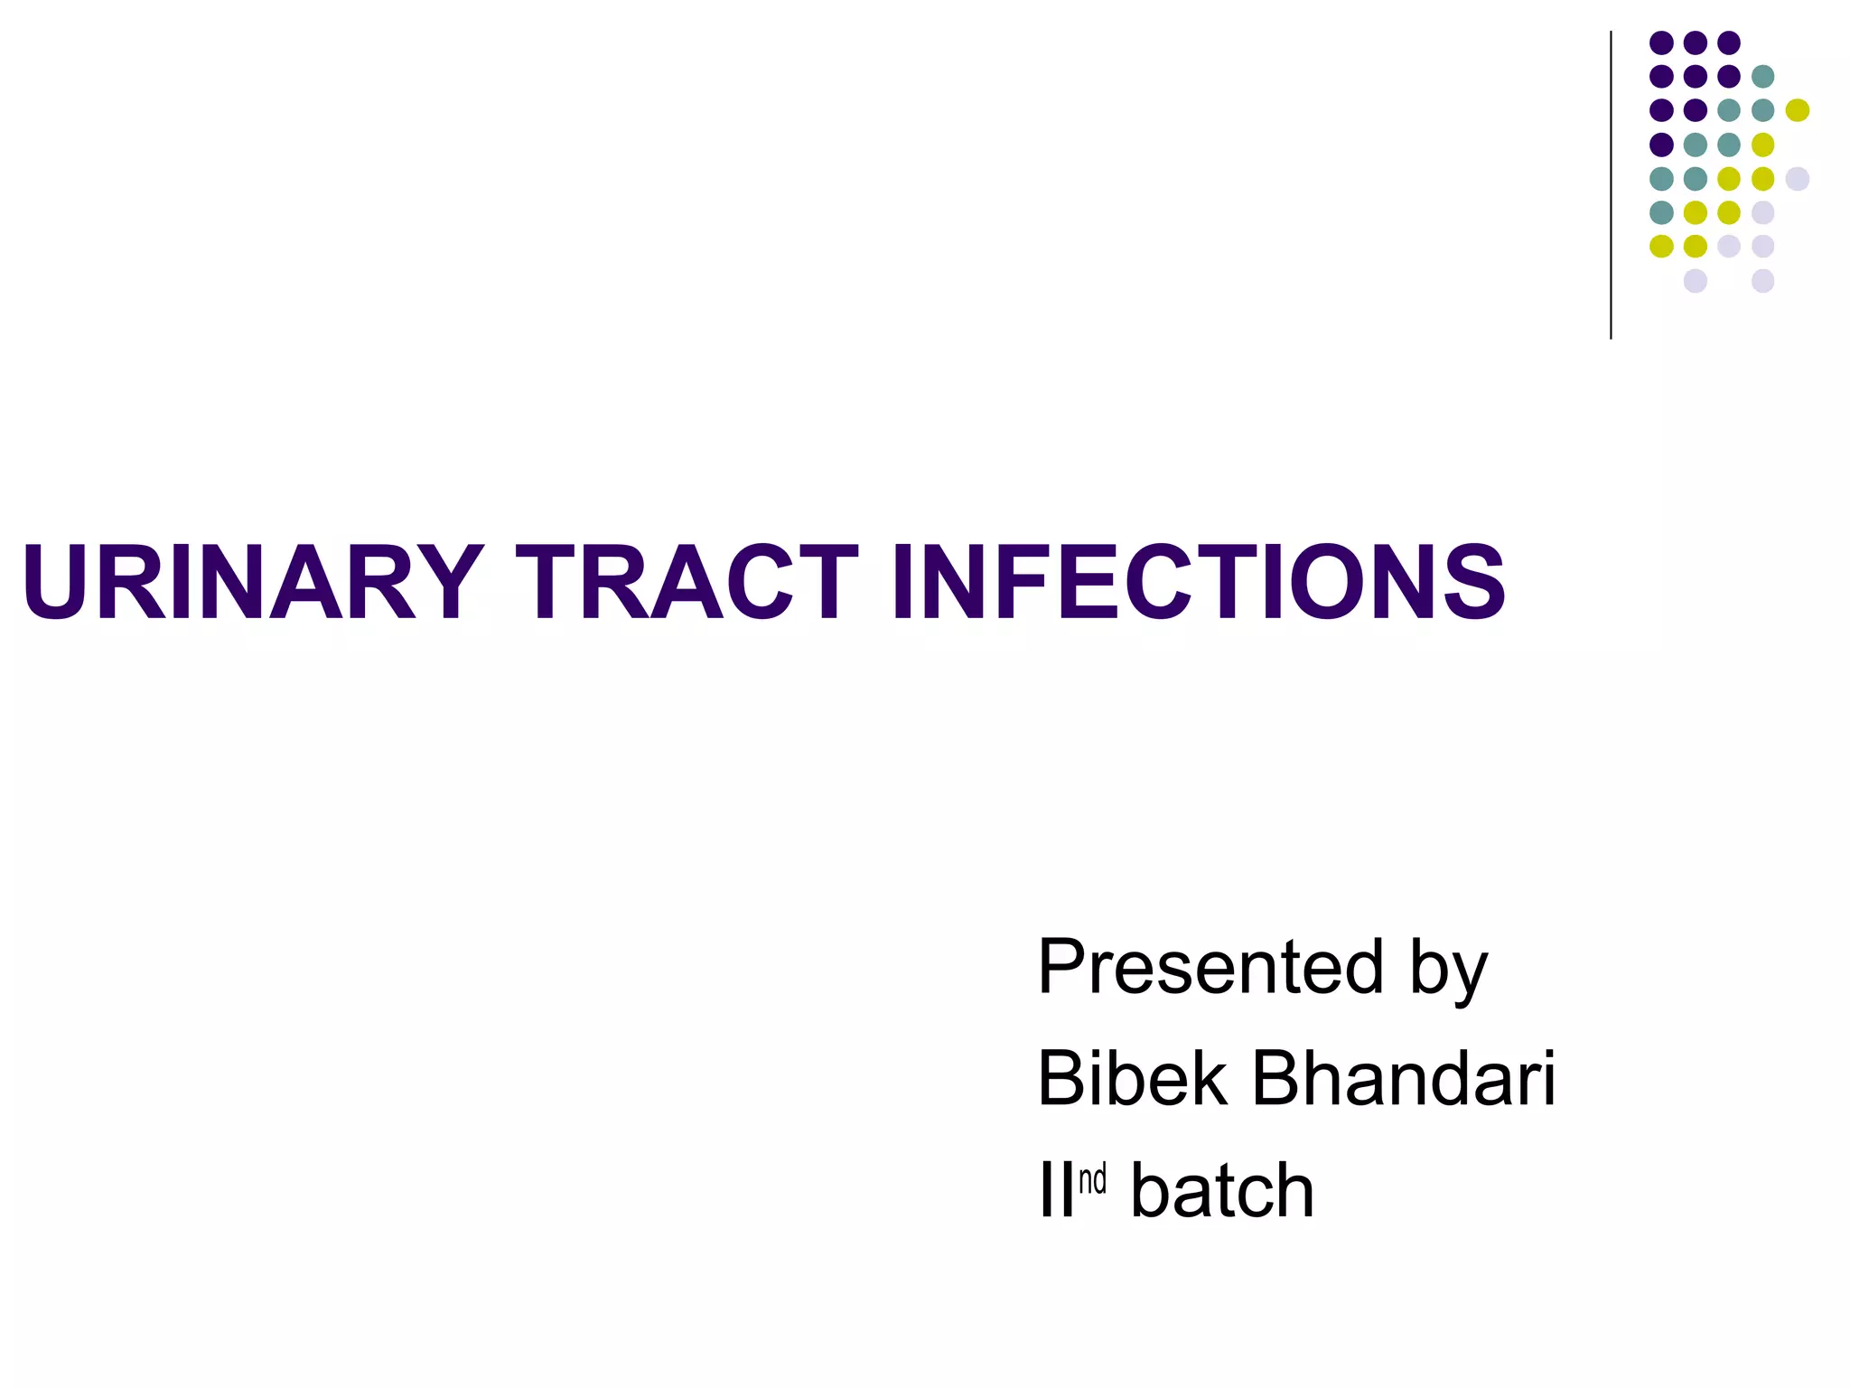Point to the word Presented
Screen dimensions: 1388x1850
pos(1210,967)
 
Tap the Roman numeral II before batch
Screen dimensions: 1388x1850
pos(1056,1191)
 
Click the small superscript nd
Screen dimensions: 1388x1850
pos(1092,1180)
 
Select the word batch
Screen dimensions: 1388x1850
pos(1222,1191)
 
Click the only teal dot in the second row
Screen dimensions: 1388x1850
pos(1762,76)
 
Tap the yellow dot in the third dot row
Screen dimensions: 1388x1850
pos(1797,110)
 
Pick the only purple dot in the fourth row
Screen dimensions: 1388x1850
pos(1661,145)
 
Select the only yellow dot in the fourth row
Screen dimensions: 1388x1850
pos(1762,145)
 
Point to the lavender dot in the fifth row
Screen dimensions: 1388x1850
pos(1797,178)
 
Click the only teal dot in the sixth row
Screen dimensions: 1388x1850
pos(1661,212)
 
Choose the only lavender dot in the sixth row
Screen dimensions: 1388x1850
pos(1762,212)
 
